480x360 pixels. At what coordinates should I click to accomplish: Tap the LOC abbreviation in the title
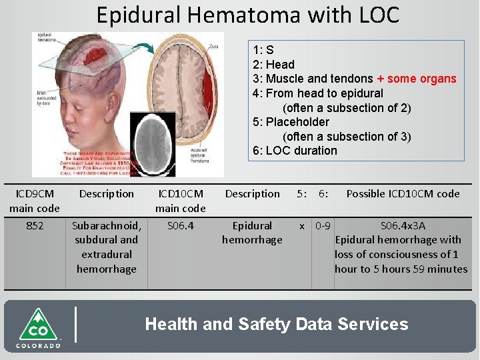pyautogui.click(x=376, y=14)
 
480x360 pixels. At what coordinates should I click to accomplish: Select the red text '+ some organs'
pyautogui.click(x=416, y=79)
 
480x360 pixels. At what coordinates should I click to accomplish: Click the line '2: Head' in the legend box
pyautogui.click(x=273, y=65)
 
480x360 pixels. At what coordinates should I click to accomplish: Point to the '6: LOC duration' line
pyautogui.click(x=295, y=151)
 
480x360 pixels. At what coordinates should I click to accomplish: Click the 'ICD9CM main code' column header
pyautogui.click(x=34, y=201)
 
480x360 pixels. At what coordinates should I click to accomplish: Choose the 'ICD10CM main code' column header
pyautogui.click(x=180, y=201)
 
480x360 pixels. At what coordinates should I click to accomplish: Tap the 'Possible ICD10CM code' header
pyautogui.click(x=403, y=194)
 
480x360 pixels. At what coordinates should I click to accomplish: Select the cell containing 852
pyautogui.click(x=35, y=226)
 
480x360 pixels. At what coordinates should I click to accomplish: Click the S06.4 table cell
pyautogui.click(x=180, y=226)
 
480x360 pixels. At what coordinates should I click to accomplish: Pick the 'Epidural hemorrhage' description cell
pyautogui.click(x=252, y=233)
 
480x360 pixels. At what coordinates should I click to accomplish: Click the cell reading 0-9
pyautogui.click(x=324, y=226)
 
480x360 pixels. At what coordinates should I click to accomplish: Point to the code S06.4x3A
pyautogui.click(x=403, y=226)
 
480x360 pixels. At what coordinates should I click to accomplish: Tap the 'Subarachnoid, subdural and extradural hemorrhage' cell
pyautogui.click(x=106, y=247)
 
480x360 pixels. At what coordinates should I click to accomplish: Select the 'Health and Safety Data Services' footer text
pyautogui.click(x=277, y=325)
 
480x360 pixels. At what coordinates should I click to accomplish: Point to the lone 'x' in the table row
pyautogui.click(x=302, y=226)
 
